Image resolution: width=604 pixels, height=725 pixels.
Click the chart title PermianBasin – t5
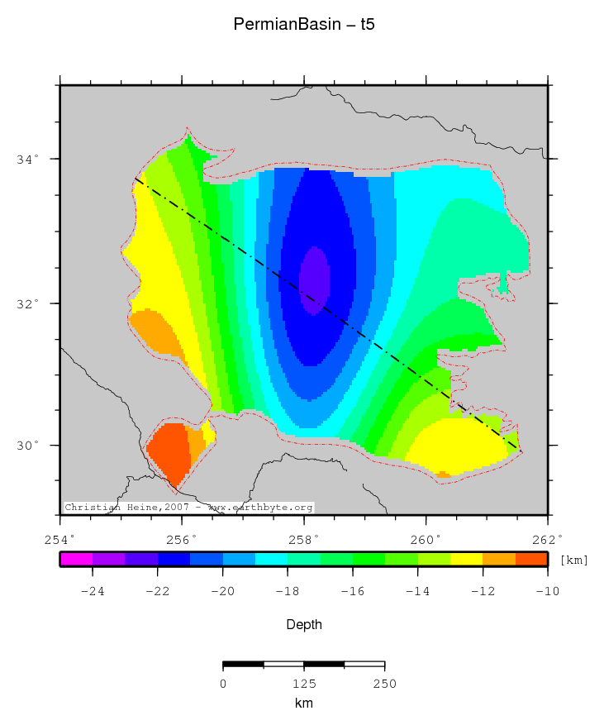[x=304, y=25]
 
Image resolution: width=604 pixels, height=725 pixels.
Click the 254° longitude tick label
[x=60, y=539]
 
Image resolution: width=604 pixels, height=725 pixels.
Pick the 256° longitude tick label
[x=182, y=539]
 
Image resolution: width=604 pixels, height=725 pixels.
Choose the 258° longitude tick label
[x=304, y=539]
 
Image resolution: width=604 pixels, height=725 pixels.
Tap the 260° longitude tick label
[x=426, y=539]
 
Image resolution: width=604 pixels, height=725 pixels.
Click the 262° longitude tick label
[x=547, y=539]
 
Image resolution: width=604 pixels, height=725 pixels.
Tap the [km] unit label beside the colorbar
[x=573, y=560]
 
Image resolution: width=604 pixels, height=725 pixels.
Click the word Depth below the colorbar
[x=304, y=625]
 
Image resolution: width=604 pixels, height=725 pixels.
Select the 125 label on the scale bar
[x=304, y=684]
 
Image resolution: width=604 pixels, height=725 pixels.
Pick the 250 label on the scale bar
[x=384, y=684]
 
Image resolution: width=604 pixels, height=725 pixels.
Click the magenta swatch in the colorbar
[x=76, y=560]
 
